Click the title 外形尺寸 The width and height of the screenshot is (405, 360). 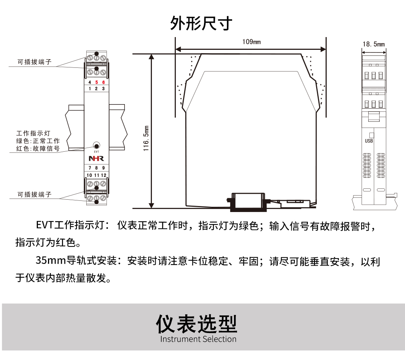(201, 23)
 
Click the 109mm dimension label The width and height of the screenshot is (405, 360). (251, 42)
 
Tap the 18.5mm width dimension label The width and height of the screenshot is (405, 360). (373, 44)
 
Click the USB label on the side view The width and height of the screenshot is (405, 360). (369, 141)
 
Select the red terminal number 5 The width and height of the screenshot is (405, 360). (96, 82)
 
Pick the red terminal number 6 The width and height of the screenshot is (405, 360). (103, 82)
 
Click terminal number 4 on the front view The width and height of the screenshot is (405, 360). (89, 82)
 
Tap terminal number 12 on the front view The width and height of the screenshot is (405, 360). (103, 175)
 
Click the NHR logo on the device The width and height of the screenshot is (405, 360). (96, 159)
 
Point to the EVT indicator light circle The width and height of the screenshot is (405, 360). (96, 145)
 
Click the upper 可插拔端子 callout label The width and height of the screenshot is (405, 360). (34, 62)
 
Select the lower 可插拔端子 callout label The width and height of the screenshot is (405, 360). (34, 195)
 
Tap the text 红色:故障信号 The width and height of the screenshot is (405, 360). (38, 149)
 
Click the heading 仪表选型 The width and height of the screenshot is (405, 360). (197, 324)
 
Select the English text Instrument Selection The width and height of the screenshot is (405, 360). (198, 339)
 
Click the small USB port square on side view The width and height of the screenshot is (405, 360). (371, 134)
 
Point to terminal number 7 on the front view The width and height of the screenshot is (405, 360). (90, 168)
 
